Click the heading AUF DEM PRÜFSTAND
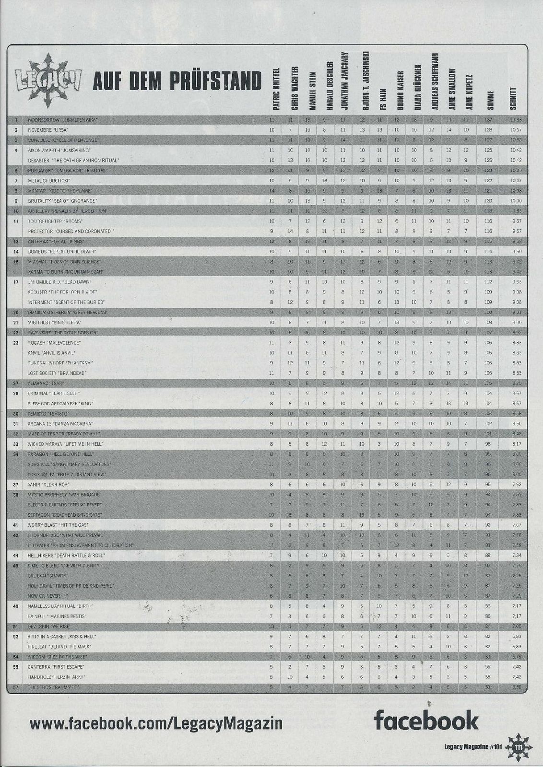click(x=177, y=81)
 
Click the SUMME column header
click(x=490, y=98)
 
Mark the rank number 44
click(x=16, y=555)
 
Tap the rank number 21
click(x=16, y=322)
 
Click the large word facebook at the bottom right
click(x=426, y=720)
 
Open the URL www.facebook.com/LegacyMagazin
click(x=156, y=722)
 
